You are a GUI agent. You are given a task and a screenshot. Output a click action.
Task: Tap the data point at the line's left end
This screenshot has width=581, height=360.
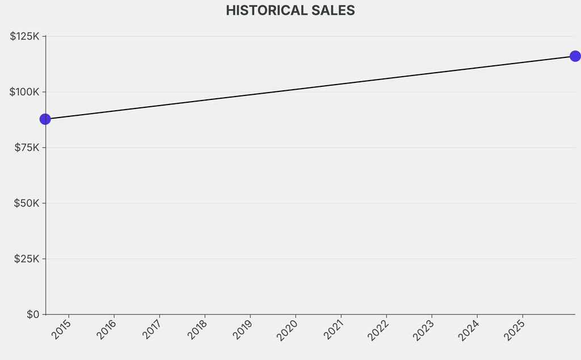[45, 119]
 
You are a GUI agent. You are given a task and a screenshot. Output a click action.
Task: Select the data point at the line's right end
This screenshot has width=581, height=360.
[575, 56]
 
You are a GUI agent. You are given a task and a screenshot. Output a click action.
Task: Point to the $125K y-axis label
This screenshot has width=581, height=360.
[24, 36]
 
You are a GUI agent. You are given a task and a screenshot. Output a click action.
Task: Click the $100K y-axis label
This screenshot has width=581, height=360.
[24, 92]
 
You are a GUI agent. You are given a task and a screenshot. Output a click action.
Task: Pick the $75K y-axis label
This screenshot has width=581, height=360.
[27, 148]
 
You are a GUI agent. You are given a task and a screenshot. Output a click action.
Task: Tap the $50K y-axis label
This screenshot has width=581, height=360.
[27, 203]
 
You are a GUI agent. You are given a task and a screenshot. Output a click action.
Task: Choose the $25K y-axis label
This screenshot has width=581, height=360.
[27, 259]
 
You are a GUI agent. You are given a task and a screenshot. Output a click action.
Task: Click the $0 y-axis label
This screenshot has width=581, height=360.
[33, 315]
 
